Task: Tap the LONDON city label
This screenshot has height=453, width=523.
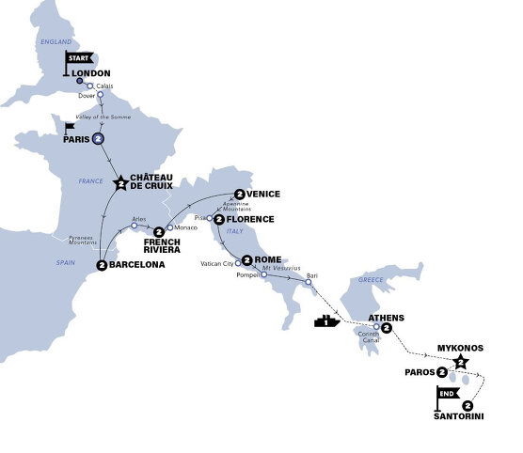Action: click(91, 72)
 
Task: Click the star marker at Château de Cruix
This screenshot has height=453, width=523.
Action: click(121, 183)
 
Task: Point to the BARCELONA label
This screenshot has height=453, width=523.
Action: click(136, 265)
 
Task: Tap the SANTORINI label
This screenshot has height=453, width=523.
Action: click(460, 415)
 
